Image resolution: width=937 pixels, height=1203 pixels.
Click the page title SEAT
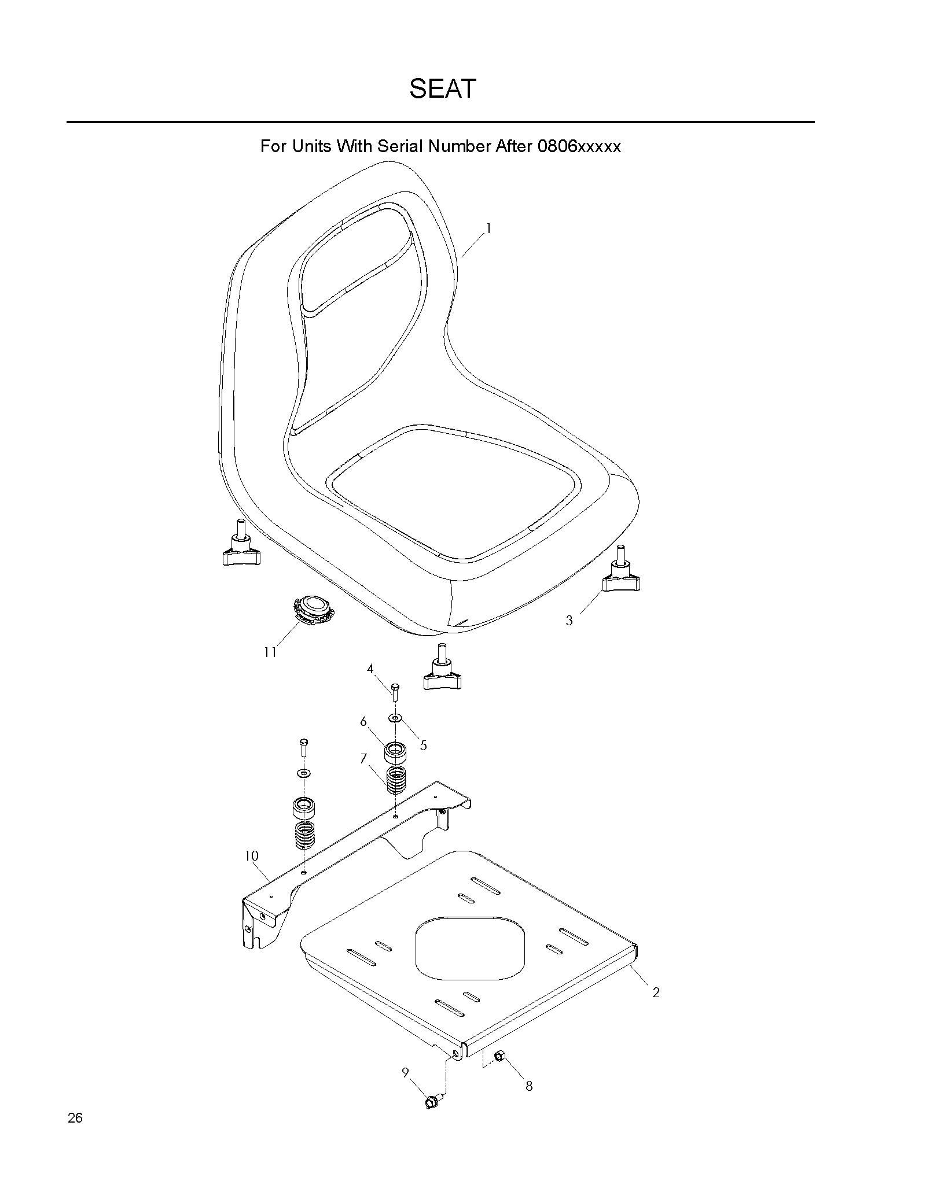point(442,88)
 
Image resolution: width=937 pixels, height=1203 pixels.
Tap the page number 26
point(75,1134)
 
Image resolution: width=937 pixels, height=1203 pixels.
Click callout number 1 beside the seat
point(488,229)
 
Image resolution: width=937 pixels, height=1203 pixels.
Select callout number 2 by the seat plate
point(656,993)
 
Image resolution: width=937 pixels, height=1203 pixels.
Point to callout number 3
point(569,621)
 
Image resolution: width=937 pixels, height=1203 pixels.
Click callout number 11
point(270,652)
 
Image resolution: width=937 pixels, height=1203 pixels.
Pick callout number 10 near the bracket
point(251,856)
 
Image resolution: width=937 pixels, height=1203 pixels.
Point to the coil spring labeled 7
point(396,780)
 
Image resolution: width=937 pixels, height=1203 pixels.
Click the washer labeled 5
point(395,718)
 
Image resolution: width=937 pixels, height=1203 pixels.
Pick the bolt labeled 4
point(395,692)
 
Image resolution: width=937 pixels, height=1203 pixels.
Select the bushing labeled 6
point(395,753)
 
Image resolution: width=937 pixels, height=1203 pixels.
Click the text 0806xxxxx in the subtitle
point(579,146)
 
